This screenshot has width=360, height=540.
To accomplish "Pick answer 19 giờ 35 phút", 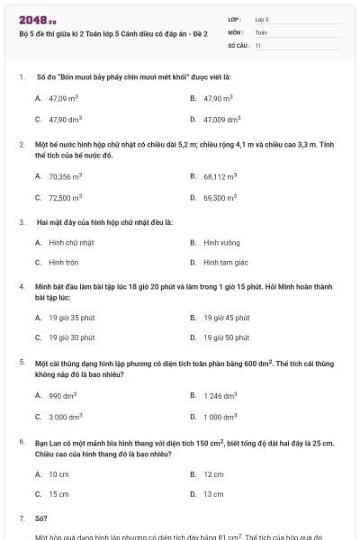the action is point(72,318).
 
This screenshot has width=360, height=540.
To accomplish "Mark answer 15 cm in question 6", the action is point(59,494).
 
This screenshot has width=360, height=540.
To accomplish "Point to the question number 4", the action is point(21,286).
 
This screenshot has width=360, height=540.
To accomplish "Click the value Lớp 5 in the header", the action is point(262,19).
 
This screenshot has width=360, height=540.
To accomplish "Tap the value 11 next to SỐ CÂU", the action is point(258,45).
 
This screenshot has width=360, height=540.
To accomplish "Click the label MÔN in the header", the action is point(236,31).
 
